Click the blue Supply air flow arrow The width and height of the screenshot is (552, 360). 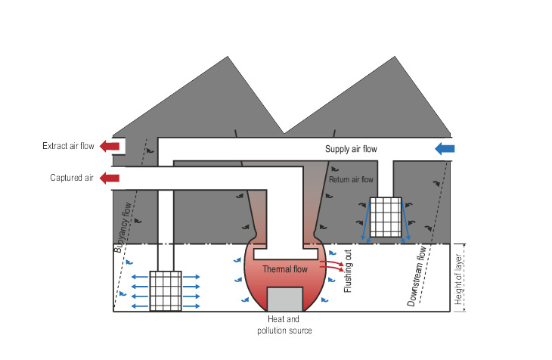point(445,149)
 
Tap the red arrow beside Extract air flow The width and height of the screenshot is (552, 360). point(110,146)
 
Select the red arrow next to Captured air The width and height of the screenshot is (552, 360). point(110,178)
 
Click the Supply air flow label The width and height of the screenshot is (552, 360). point(351,149)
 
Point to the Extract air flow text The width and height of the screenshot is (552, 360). point(68,146)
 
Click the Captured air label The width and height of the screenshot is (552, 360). point(72,178)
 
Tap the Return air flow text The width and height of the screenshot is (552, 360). point(351,180)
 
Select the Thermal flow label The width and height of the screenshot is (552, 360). point(285,269)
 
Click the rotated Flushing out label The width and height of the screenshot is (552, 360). point(348,271)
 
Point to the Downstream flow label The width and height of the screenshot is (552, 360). point(417,276)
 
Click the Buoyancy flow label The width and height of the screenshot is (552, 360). point(122,227)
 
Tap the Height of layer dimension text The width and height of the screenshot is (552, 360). point(458,279)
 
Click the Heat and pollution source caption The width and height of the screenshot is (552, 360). point(284,324)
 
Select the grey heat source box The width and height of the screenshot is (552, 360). point(285,299)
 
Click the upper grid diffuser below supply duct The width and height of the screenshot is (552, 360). point(386,217)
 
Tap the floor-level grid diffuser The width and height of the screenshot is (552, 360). point(166,291)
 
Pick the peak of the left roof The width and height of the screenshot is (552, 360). point(228,57)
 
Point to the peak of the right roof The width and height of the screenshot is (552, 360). point(395,57)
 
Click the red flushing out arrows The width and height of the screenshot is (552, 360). point(332,265)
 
